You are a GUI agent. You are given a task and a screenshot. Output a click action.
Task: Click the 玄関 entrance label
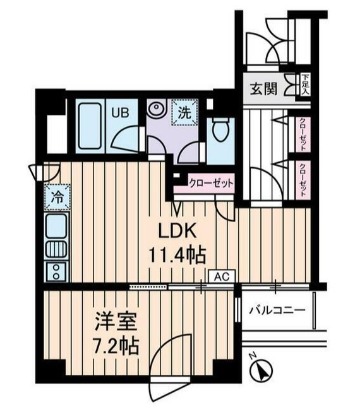(x=263, y=88)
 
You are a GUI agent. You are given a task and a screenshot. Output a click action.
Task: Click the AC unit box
(x=221, y=275)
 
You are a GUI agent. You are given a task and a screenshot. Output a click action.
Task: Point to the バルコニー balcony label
(x=277, y=310)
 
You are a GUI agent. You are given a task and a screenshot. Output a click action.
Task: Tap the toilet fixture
(x=219, y=131)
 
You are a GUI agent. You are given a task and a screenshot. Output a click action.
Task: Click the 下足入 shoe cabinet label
(x=305, y=85)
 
